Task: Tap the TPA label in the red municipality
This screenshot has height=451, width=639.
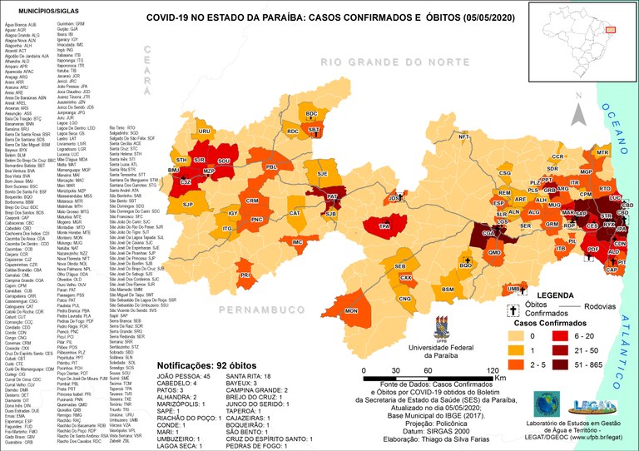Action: [x=384, y=226]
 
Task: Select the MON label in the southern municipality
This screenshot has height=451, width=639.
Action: [x=351, y=310]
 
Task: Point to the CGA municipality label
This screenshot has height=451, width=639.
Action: [x=488, y=235]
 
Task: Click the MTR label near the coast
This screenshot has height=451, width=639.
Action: [x=602, y=153]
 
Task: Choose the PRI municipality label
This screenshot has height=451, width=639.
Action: [x=245, y=275]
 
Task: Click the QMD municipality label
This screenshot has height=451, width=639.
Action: [x=494, y=253]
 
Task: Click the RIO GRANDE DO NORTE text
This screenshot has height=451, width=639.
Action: [x=393, y=62]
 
